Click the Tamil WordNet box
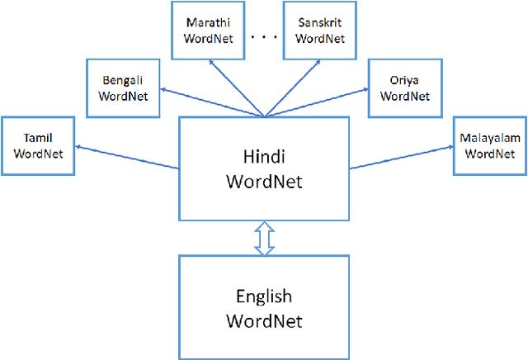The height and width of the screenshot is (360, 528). [39, 145]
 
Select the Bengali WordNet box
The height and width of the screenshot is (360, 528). [122, 87]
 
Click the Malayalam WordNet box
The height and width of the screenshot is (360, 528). [489, 145]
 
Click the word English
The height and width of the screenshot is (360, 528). [263, 297]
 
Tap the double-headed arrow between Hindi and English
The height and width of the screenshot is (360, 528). [263, 237]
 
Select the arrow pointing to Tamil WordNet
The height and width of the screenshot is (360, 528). [124, 157]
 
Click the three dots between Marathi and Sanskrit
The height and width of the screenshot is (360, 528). [264, 37]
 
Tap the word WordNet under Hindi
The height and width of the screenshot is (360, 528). [263, 182]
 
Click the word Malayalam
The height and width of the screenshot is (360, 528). [489, 139]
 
